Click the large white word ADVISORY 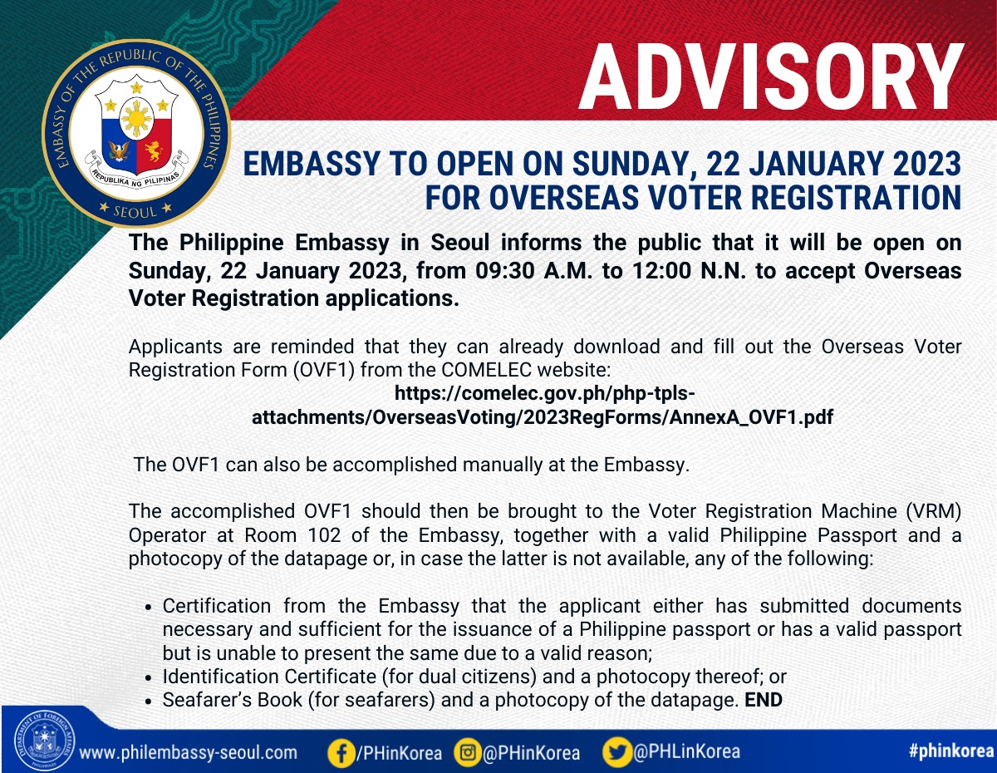pyautogui.click(x=770, y=76)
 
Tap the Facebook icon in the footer pyautogui.click(x=341, y=753)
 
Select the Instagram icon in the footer pyautogui.click(x=468, y=753)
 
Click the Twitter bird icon pyautogui.click(x=617, y=753)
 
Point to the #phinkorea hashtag pyautogui.click(x=951, y=751)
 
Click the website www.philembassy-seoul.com pyautogui.click(x=188, y=753)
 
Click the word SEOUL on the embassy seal pyautogui.click(x=135, y=212)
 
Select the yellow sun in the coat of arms pyautogui.click(x=136, y=118)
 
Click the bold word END pyautogui.click(x=764, y=701)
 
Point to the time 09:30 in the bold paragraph pyautogui.click(x=504, y=271)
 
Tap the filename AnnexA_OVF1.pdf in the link pyautogui.click(x=752, y=417)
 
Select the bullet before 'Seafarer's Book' pyautogui.click(x=148, y=702)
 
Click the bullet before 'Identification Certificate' pyautogui.click(x=148, y=678)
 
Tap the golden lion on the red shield pyautogui.click(x=154, y=151)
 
